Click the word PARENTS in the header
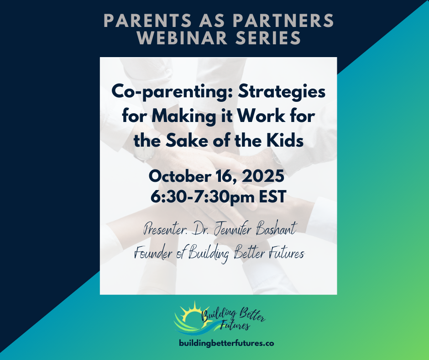coord(147,21)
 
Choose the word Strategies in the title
coord(282,92)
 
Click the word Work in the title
coord(261,116)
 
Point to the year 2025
coord(263,176)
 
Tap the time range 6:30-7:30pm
coord(203,196)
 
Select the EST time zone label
coord(272,196)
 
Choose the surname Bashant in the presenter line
coord(276,228)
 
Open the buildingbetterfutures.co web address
coord(226,343)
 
